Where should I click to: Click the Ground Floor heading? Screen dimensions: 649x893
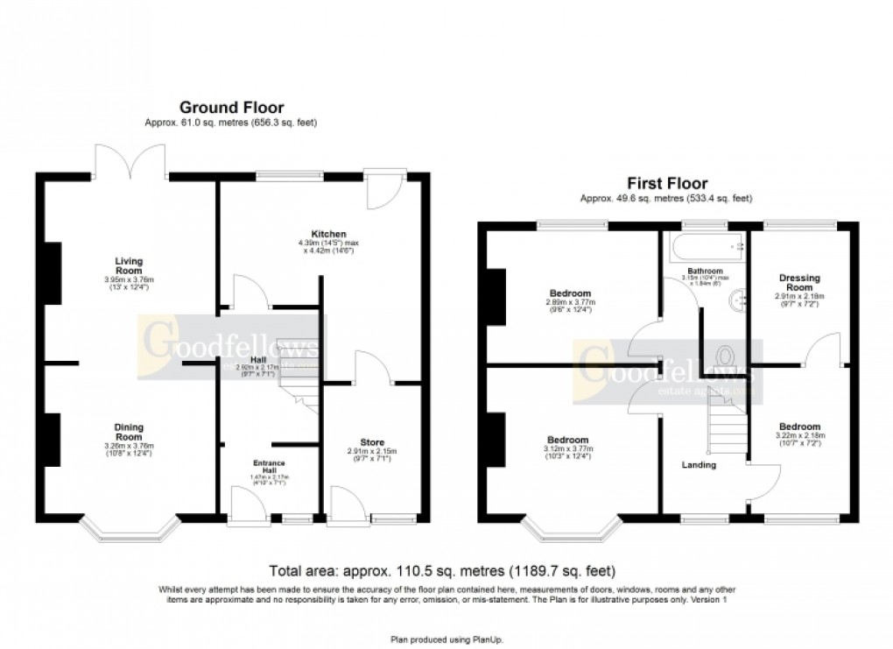pos(231,109)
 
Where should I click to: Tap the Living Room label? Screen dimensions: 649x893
pos(129,265)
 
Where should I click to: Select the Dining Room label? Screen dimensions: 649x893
pos(129,431)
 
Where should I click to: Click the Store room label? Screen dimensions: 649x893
pos(372,442)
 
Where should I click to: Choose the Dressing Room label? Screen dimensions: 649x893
pos(799,283)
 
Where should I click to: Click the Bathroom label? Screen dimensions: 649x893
pos(705,272)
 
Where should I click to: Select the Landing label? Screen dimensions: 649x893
pos(699,465)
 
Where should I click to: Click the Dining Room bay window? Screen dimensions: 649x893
pos(129,528)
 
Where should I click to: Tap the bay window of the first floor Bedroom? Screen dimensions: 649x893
pos(573,528)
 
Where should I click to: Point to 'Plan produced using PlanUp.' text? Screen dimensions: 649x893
pos(446,639)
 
